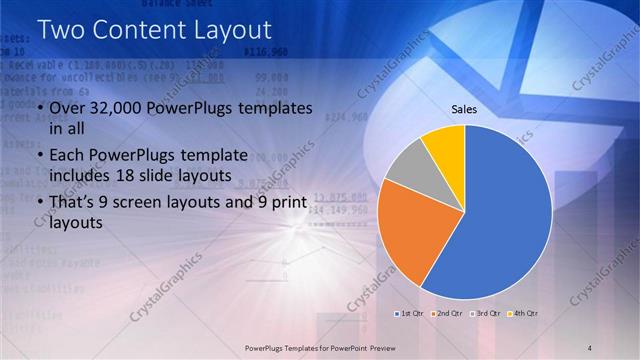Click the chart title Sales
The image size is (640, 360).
tap(464, 109)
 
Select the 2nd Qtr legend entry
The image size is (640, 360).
tap(446, 314)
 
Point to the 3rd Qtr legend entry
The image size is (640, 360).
tap(485, 314)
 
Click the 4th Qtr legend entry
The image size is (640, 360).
tap(523, 314)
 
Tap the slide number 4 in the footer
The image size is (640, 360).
tap(591, 346)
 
